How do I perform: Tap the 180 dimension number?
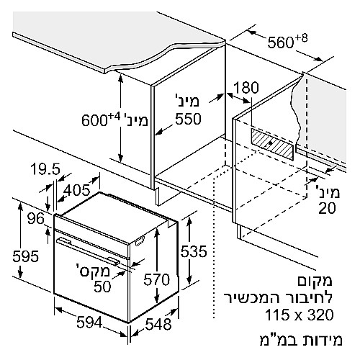(246, 87)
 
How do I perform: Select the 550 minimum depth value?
(188, 119)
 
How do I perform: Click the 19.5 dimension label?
(45, 169)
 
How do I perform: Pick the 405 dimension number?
(77, 190)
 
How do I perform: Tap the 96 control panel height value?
(36, 219)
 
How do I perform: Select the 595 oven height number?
(26, 256)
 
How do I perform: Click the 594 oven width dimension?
(89, 322)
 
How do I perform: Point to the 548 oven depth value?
(158, 324)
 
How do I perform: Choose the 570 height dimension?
(157, 279)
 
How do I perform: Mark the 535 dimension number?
(194, 251)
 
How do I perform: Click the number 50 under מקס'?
(102, 287)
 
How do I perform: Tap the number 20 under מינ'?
(327, 208)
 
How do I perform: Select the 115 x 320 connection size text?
(300, 315)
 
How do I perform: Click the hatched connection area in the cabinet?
(272, 144)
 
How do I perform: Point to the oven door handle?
(87, 251)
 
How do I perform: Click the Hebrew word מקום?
(315, 281)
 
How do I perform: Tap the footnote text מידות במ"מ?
(301, 339)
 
